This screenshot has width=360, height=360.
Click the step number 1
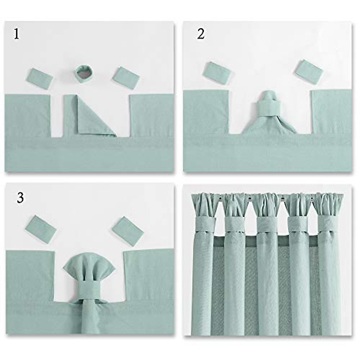click(x=16, y=34)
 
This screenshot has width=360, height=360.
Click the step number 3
click(x=20, y=198)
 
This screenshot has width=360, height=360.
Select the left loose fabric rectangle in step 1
click(x=41, y=78)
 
